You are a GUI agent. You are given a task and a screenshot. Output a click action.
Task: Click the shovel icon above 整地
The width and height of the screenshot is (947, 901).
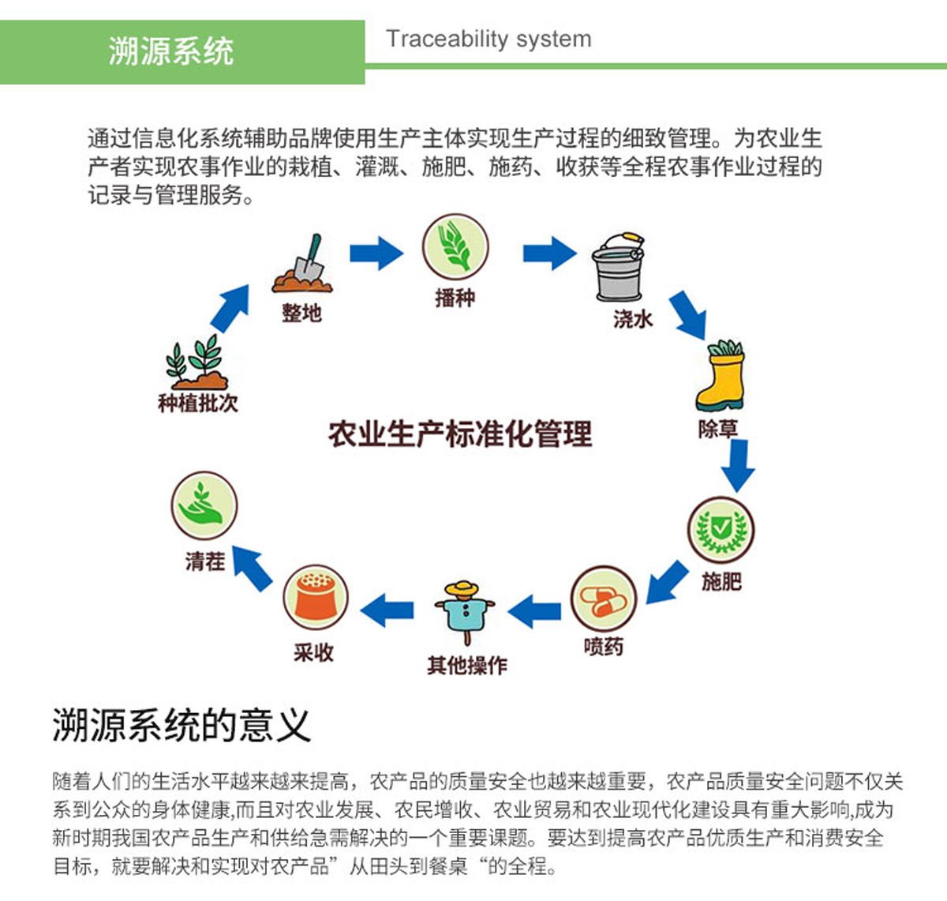click(x=303, y=264)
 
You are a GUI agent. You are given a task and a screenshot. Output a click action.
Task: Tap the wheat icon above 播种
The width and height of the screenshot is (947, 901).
click(x=455, y=247)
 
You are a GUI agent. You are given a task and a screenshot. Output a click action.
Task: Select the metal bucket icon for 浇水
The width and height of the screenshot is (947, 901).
click(x=619, y=266)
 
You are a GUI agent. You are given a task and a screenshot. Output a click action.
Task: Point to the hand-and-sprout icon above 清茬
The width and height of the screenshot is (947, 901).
click(x=204, y=506)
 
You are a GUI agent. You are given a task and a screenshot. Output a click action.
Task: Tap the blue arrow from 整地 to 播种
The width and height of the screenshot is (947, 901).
click(x=376, y=253)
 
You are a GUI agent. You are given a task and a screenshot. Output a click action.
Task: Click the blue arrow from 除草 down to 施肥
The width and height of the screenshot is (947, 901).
click(x=739, y=465)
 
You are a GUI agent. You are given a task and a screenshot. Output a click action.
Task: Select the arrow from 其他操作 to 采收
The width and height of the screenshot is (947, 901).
click(x=387, y=610)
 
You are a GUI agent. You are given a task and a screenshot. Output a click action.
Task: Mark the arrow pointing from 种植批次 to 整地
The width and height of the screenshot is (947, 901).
click(x=230, y=307)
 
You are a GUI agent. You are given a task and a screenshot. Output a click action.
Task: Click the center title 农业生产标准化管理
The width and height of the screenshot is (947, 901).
click(x=460, y=434)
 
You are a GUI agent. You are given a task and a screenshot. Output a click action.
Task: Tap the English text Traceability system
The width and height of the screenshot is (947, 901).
click(x=488, y=39)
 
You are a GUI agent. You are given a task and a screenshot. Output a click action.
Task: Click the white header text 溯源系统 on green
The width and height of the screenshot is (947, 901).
click(x=171, y=51)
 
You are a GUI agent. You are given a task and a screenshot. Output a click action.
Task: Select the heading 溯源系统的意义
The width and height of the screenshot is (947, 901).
click(x=182, y=725)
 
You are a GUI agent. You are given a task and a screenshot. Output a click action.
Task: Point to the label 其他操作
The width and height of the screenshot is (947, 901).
click(x=467, y=666)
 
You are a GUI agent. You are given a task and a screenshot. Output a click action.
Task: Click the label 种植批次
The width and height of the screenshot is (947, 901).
click(x=197, y=404)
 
